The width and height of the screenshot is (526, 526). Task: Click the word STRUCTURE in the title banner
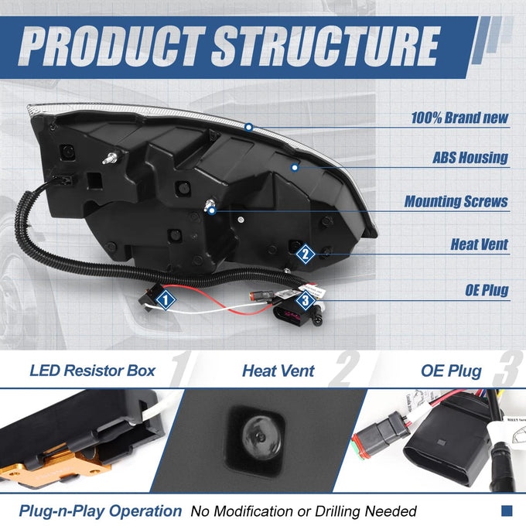click(326, 46)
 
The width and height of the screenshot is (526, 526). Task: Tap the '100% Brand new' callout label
click(459, 118)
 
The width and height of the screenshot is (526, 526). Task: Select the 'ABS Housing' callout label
click(470, 158)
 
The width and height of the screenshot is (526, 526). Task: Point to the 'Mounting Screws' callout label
click(456, 201)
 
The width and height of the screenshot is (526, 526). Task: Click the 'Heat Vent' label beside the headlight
click(480, 244)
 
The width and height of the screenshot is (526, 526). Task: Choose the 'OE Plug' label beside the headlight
click(487, 290)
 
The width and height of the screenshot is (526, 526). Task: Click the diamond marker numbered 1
click(166, 300)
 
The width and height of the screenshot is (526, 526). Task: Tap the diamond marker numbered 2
click(306, 254)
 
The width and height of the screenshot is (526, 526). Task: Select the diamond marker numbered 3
click(306, 300)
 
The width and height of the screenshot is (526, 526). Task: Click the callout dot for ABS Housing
click(295, 167)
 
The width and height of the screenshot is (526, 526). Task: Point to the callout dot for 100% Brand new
click(248, 127)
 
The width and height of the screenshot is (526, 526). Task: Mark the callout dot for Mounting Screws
click(212, 211)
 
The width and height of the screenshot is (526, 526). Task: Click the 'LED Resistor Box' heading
click(92, 371)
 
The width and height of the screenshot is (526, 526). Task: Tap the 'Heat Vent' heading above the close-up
click(278, 371)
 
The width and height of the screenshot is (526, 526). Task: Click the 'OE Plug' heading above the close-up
click(451, 371)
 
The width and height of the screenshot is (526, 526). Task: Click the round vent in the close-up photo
click(258, 438)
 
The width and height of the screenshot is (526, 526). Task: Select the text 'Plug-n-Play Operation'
click(101, 511)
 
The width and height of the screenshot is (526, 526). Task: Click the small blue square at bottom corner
click(507, 511)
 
